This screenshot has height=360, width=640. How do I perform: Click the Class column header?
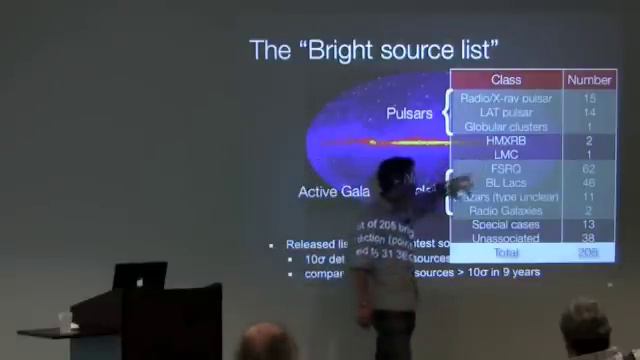point(506,80)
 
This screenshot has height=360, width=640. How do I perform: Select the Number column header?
point(589,80)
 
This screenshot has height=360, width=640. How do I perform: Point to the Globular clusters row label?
point(506,127)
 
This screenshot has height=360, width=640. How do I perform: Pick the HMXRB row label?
point(506,141)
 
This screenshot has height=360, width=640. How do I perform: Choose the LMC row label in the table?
point(506,155)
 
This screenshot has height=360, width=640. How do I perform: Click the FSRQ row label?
point(506,169)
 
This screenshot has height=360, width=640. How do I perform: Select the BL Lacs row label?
point(506,183)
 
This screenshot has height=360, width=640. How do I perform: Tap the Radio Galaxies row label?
point(506,211)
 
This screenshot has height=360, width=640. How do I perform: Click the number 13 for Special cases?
point(589,225)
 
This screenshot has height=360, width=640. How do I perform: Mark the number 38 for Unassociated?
point(589,239)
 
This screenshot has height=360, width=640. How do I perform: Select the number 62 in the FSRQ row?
point(589,169)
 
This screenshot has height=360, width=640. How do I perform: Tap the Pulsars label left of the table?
point(408,114)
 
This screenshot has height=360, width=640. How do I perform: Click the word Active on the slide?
point(319,191)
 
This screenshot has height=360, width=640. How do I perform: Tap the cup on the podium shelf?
point(65,321)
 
